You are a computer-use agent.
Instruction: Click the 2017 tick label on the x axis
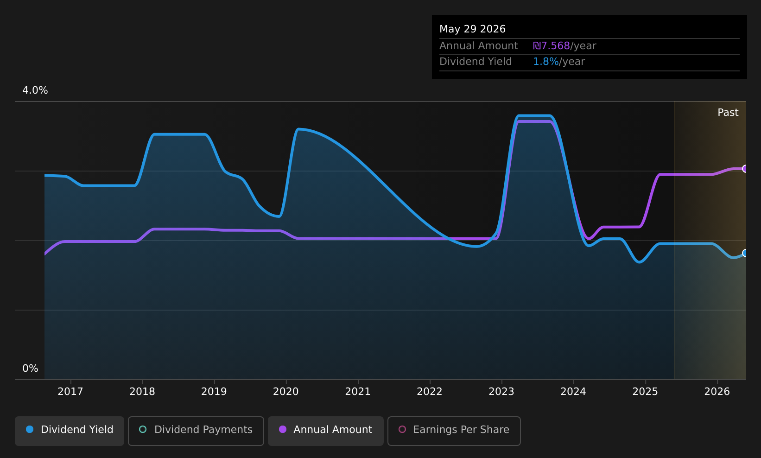click(70, 392)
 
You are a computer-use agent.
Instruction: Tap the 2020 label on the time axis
click(285, 392)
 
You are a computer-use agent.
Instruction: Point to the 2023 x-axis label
click(501, 392)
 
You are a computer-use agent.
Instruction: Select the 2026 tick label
click(717, 392)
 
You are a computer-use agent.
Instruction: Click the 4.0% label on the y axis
click(35, 90)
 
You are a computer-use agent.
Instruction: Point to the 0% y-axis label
click(30, 369)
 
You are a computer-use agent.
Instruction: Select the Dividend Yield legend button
click(70, 431)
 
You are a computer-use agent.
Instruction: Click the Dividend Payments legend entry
click(196, 431)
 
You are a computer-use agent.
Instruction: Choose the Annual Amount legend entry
click(325, 431)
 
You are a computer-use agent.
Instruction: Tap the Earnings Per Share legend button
click(454, 431)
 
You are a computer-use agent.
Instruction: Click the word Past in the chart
click(728, 113)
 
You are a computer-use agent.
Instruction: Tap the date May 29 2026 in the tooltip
click(472, 29)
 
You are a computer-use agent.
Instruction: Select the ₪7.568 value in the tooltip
click(551, 46)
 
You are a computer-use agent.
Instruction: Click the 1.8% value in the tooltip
click(545, 62)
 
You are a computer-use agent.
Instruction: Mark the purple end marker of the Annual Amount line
click(745, 169)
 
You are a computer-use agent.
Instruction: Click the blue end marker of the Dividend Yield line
click(745, 253)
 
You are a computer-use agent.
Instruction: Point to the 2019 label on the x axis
click(214, 392)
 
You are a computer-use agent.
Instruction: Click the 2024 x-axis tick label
click(573, 392)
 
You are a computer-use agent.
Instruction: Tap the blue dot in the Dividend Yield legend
click(30, 429)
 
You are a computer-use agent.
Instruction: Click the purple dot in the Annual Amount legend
click(283, 429)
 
